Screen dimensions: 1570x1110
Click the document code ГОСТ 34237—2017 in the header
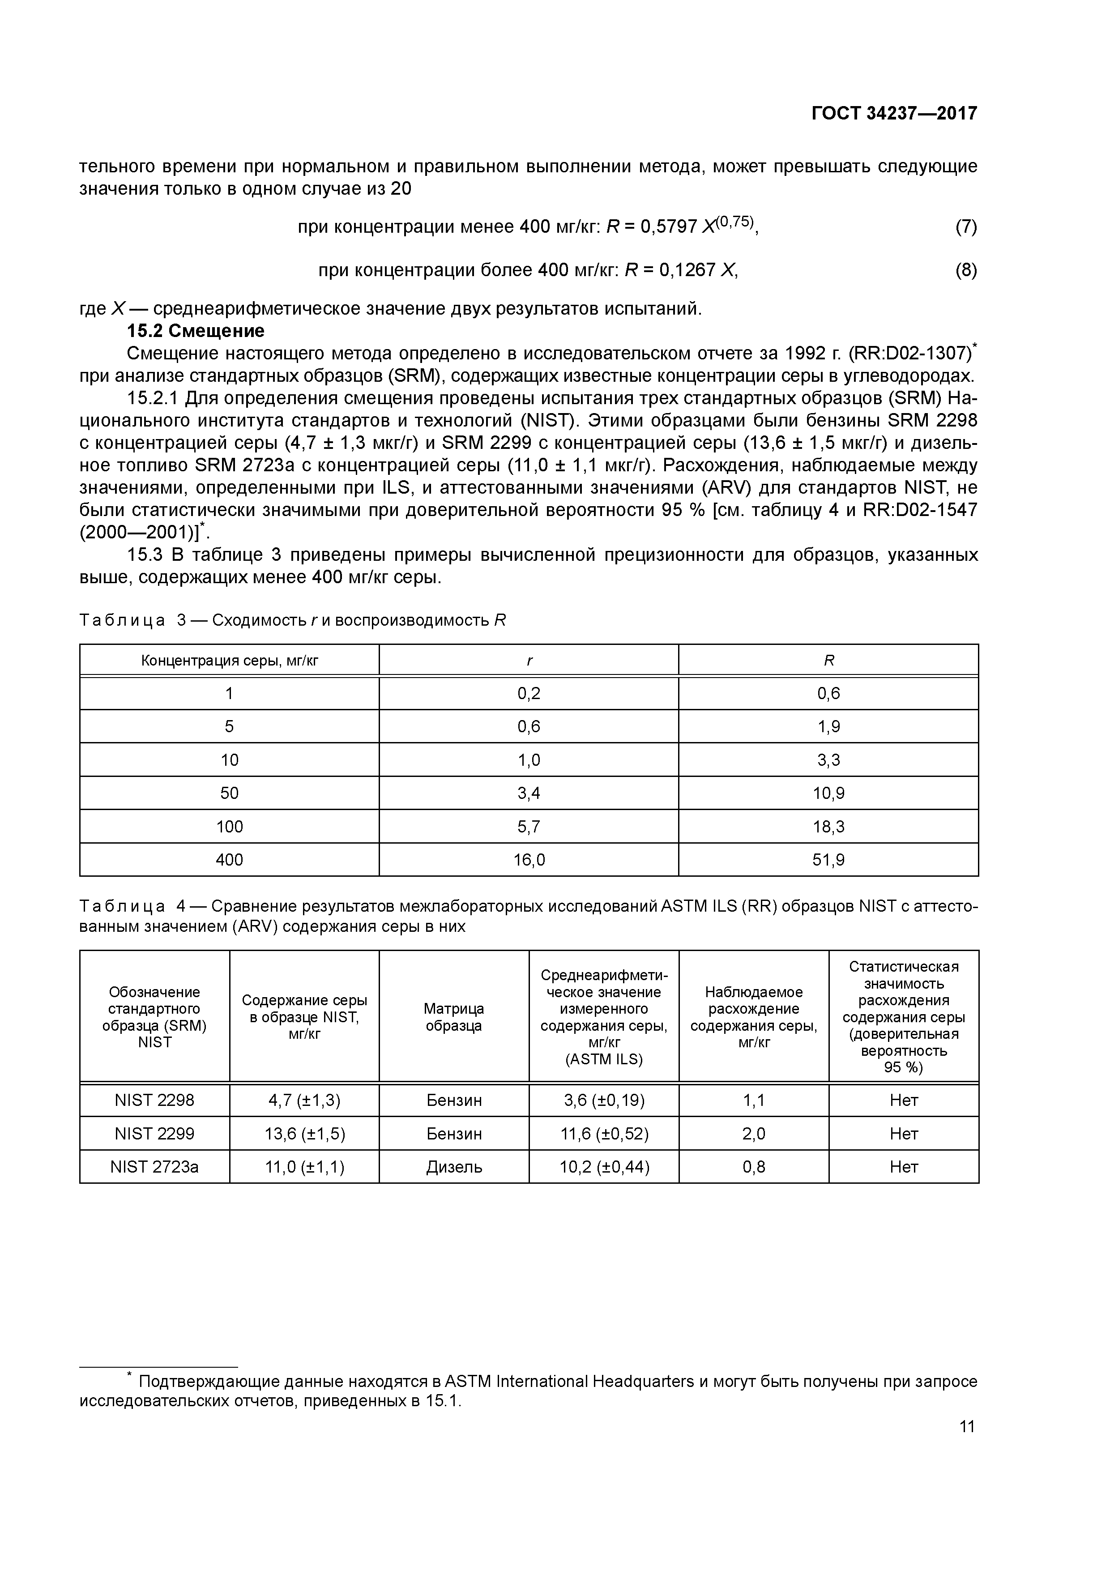pos(894,114)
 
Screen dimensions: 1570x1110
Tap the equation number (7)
pos(966,226)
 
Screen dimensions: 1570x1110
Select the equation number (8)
pos(966,270)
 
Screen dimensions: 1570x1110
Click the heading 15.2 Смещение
pos(196,331)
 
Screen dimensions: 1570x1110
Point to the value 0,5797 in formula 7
pos(669,226)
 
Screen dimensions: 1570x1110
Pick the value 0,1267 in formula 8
pos(687,270)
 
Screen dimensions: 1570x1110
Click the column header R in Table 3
pos(828,661)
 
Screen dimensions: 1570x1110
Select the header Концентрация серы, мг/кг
pos(229,661)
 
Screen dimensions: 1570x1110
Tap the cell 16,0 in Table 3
pos(529,860)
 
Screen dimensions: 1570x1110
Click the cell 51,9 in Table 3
pos(828,860)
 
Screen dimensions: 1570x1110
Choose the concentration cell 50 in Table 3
pos(229,793)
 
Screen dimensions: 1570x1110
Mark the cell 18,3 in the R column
pos(828,827)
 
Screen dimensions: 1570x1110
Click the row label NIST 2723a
pos(154,1167)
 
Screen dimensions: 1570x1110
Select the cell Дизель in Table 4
pos(454,1167)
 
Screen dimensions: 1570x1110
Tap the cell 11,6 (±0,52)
pos(604,1134)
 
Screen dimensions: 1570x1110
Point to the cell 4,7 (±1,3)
pos(304,1100)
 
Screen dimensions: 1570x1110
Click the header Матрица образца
pos(454,1017)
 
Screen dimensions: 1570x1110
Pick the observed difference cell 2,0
pos(754,1134)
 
